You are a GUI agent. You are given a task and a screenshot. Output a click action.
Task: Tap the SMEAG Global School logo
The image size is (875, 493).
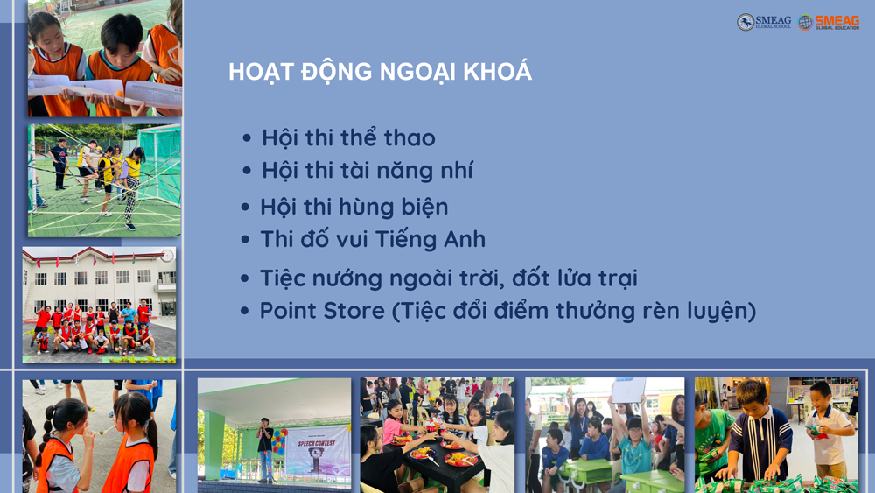pos(763,22)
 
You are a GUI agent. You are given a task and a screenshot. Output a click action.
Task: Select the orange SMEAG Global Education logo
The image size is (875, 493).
pos(829,22)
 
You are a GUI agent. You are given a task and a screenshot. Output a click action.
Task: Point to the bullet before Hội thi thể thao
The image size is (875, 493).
pos(247,137)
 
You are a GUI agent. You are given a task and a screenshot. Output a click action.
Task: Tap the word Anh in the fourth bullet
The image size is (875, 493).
pos(465,240)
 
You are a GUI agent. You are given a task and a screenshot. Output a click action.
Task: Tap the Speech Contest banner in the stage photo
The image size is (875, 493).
pos(317,451)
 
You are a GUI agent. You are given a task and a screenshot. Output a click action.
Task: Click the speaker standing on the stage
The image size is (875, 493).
pos(265,449)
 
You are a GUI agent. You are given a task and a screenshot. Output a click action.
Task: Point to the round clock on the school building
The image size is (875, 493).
pos(167,256)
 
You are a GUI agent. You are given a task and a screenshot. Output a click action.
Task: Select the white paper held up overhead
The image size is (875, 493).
pos(629,390)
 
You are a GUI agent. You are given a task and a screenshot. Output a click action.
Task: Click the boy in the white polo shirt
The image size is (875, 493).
pos(829,429)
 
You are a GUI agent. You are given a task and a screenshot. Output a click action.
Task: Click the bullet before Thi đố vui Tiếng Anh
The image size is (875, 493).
pos(245,240)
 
